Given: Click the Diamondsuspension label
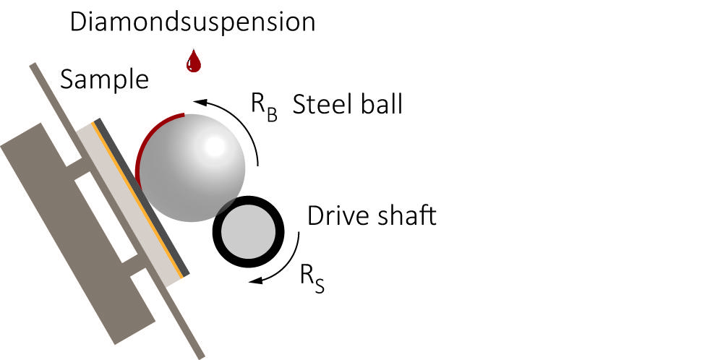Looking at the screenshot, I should click(192, 22).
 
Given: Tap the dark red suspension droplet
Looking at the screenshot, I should click(193, 62).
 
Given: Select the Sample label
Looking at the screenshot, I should click(104, 79).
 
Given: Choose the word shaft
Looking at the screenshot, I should click(406, 215).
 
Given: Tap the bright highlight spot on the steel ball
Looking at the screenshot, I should click(215, 147).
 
